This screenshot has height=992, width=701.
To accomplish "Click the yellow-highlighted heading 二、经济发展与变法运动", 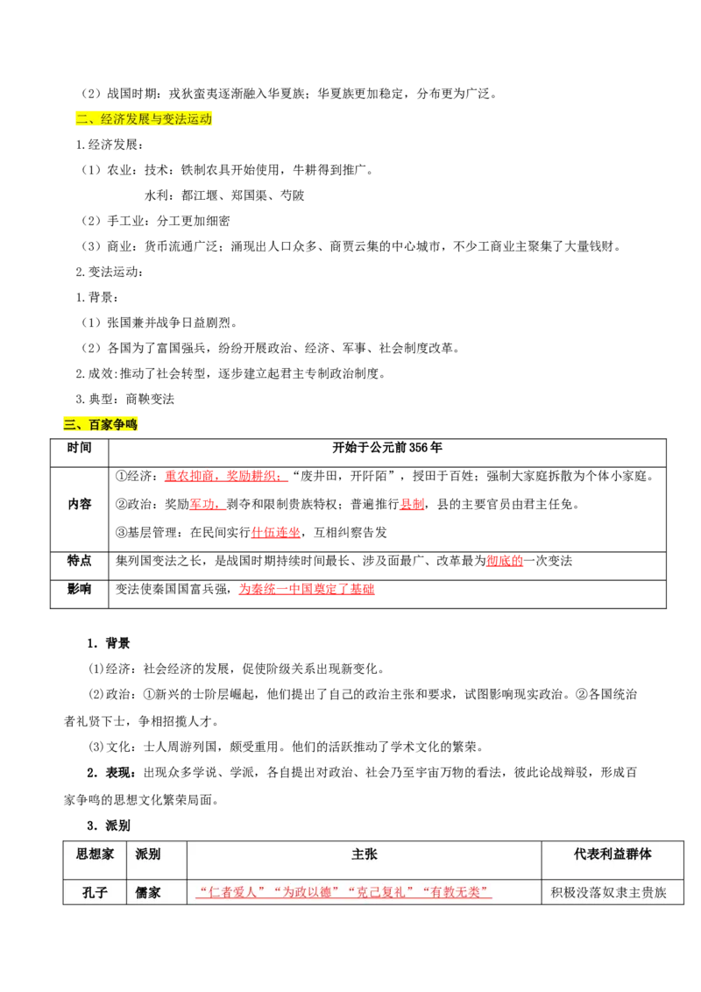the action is (x=144, y=119).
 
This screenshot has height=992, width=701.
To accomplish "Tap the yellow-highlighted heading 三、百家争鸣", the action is (x=100, y=424).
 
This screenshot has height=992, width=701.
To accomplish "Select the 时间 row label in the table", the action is (x=79, y=448).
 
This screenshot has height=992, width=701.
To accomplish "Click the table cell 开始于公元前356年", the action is (x=387, y=448).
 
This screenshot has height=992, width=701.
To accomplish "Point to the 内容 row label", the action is (x=79, y=504).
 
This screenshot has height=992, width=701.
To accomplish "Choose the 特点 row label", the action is (x=79, y=561).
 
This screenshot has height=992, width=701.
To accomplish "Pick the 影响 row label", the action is (x=79, y=589).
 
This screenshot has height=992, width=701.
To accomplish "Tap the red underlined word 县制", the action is (x=412, y=504).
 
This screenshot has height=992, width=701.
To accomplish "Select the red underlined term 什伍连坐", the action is (x=276, y=533).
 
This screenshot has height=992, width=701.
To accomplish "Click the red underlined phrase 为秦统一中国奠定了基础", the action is (x=306, y=589).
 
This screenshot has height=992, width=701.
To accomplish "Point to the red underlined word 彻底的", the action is (x=505, y=561).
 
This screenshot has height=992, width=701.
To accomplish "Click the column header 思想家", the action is (x=95, y=854).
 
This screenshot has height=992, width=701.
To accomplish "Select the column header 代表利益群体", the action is (x=612, y=854).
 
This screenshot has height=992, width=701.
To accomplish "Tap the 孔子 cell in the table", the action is (x=95, y=893).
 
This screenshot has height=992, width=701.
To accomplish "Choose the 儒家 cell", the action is (x=148, y=893).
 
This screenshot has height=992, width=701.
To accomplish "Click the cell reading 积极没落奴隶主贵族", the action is (x=609, y=893).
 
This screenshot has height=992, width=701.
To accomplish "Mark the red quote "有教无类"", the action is (x=456, y=893).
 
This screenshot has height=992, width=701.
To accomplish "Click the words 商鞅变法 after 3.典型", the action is (x=150, y=400).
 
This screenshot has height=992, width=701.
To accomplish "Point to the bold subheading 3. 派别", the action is (x=109, y=825).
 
